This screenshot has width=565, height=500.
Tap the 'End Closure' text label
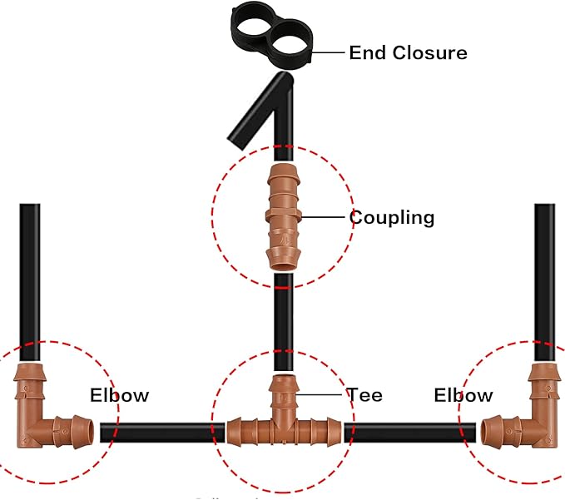(x=408, y=53)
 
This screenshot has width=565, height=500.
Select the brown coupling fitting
(x=283, y=216)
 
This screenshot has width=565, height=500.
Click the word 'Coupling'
(x=391, y=218)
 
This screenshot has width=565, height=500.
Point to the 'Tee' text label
(x=364, y=394)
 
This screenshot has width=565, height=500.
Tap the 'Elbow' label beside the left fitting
(x=119, y=394)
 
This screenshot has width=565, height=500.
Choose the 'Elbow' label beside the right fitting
(x=463, y=395)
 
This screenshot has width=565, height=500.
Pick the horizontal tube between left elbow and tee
(x=162, y=432)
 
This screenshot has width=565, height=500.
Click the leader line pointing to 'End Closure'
(x=330, y=52)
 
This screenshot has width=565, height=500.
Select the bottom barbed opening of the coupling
(x=283, y=259)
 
